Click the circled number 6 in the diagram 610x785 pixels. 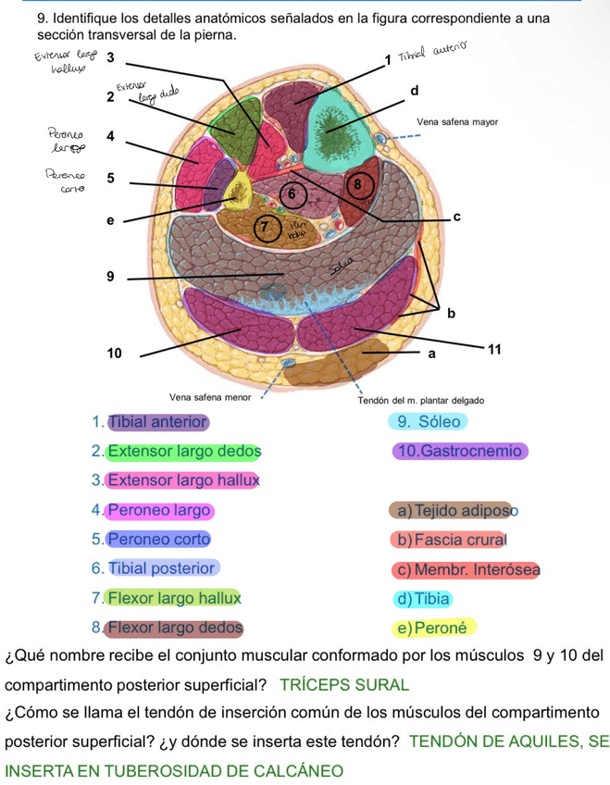click(x=292, y=193)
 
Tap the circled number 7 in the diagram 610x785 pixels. click(x=267, y=225)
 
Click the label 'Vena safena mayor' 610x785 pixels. click(x=457, y=121)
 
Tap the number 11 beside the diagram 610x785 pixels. click(x=494, y=349)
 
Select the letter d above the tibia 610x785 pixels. click(x=415, y=90)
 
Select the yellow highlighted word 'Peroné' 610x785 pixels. click(x=441, y=628)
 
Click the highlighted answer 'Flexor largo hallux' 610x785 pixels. click(x=173, y=598)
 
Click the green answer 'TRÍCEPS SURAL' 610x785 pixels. click(x=343, y=685)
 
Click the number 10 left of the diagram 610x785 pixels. click(x=114, y=353)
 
